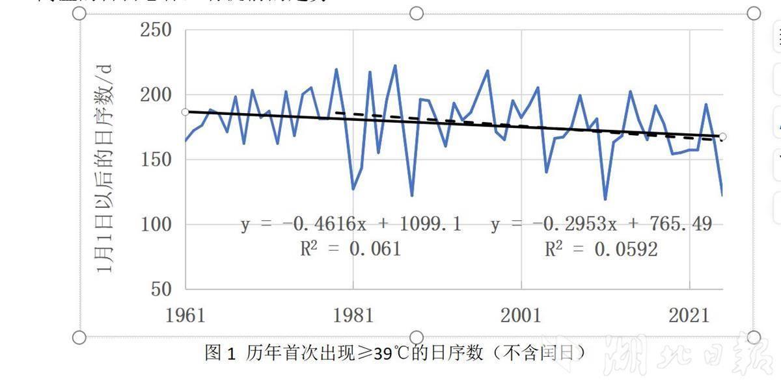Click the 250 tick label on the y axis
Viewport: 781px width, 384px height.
tap(156, 31)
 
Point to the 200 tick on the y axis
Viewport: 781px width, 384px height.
tap(156, 95)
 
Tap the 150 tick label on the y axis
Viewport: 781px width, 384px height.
tap(156, 160)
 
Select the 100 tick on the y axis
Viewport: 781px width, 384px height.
tap(156, 224)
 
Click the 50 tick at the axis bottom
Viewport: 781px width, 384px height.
tap(161, 289)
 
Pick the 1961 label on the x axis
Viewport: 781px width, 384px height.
tap(185, 316)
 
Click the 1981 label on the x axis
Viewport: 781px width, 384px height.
tap(353, 316)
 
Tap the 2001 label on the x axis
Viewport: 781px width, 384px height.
tap(521, 316)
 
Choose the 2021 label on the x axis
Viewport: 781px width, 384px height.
tap(689, 316)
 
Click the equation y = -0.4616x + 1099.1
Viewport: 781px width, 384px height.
tap(351, 225)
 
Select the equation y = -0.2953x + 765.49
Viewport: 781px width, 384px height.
tap(601, 225)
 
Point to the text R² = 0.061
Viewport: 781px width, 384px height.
tap(350, 249)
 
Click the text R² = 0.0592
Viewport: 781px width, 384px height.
tap(601, 249)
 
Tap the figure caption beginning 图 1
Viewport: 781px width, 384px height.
tap(395, 353)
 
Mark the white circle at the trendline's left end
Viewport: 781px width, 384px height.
tap(185, 112)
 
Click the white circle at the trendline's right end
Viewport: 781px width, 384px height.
tap(722, 136)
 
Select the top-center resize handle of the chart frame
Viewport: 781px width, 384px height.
tap(417, 14)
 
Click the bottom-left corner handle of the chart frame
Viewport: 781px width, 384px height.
tap(79, 337)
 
